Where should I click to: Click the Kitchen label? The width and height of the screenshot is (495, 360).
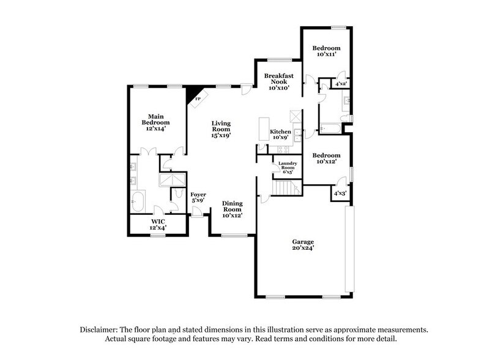tap(280, 134)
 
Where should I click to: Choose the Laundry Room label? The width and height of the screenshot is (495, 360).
tap(287, 167)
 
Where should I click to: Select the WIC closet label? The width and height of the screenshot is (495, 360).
tap(158, 224)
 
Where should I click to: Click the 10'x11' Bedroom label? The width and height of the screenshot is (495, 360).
tap(326, 51)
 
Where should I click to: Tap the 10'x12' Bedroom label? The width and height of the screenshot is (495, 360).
tap(326, 159)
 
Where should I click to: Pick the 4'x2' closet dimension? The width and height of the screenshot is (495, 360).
tap(341, 83)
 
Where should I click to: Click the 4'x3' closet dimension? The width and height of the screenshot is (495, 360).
tap(339, 193)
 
